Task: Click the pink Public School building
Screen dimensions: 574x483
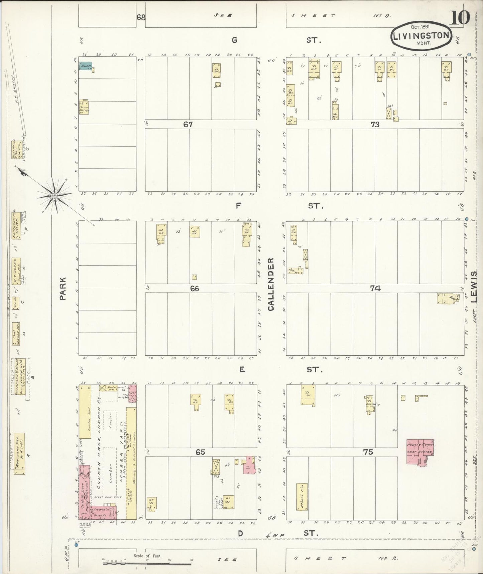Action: click(x=420, y=451)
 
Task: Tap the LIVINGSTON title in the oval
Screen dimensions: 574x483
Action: click(x=421, y=36)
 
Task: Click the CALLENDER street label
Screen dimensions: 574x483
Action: click(x=271, y=284)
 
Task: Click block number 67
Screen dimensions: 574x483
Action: click(x=188, y=124)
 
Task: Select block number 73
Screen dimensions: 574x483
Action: click(x=375, y=124)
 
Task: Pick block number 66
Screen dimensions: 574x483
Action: click(x=194, y=288)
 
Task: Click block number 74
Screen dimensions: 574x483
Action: click(x=375, y=288)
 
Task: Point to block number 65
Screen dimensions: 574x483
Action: click(x=200, y=452)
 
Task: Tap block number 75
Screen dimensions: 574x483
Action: click(x=368, y=452)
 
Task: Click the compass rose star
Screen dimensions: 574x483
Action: click(x=54, y=195)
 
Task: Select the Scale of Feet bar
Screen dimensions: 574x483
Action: click(x=147, y=563)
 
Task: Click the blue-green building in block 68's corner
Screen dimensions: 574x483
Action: click(x=86, y=66)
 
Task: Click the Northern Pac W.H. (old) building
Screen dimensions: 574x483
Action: click(x=19, y=453)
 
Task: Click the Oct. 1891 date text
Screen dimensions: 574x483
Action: click(x=420, y=26)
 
